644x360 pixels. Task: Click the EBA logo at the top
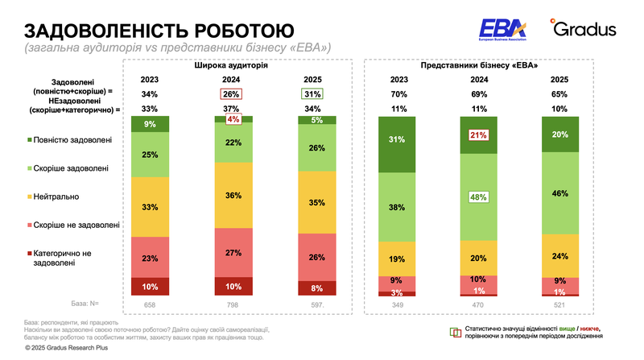[x=502, y=30]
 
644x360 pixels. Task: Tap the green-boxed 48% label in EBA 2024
[x=479, y=197]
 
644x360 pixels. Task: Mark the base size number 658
[x=151, y=304]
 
